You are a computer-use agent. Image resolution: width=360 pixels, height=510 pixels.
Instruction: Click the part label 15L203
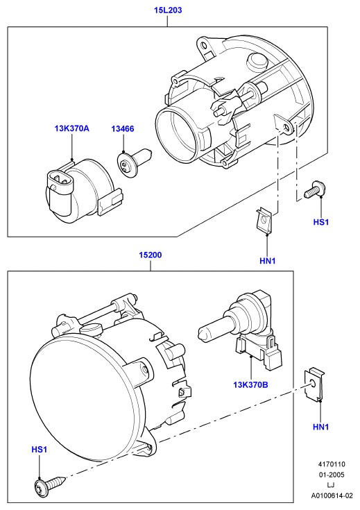coord(168,10)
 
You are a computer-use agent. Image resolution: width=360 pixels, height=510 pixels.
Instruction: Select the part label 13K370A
coord(72,128)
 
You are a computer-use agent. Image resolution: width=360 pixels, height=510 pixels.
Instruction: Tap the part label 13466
coord(123,129)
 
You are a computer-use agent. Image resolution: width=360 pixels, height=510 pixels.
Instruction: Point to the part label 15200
coord(151,255)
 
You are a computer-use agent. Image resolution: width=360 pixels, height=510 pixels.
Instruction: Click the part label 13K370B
coord(250,385)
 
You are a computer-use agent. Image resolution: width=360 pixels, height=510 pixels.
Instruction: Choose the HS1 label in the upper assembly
coord(321,222)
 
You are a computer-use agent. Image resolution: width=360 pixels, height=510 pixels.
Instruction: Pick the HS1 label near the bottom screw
coord(40,450)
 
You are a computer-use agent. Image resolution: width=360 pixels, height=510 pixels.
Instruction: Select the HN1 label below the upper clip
coord(268,261)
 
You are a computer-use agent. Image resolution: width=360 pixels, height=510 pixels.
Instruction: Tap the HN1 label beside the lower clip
coord(321,427)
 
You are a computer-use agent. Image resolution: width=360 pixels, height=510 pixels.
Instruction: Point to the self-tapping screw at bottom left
coord(50,484)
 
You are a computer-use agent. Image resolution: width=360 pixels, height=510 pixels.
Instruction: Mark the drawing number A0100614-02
coord(332,496)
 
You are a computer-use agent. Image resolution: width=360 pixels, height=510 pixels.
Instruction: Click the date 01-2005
coord(332,475)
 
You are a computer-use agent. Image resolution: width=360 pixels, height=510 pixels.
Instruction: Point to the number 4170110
coord(332,464)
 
